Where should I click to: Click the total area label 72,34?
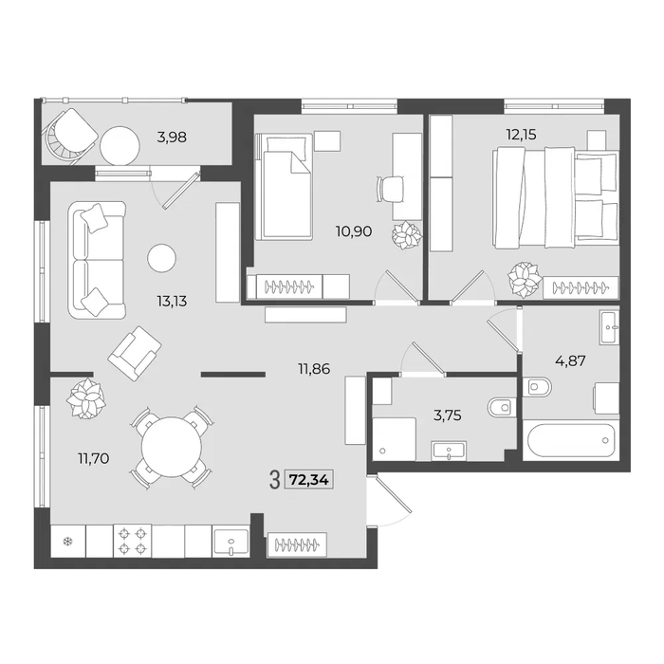click(309, 480)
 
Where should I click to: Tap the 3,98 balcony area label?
click(172, 138)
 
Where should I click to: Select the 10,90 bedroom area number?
click(354, 231)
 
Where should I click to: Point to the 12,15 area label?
click(522, 135)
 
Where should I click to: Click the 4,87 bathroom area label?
click(570, 360)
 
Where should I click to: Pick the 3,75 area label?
click(448, 415)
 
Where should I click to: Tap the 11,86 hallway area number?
click(314, 369)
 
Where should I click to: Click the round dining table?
click(172, 447)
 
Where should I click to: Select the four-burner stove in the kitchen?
click(133, 541)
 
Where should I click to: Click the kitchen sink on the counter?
click(231, 543)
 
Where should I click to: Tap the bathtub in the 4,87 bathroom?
click(571, 441)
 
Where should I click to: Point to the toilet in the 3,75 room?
click(502, 407)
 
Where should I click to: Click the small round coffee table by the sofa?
click(162, 258)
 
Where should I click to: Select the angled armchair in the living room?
click(135, 349)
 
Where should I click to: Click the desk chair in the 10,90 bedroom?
click(390, 190)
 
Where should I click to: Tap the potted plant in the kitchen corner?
click(86, 399)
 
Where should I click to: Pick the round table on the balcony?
click(120, 146)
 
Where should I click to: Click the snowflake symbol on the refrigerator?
click(67, 541)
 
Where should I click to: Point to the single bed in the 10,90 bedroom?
click(284, 186)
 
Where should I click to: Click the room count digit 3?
click(275, 480)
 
